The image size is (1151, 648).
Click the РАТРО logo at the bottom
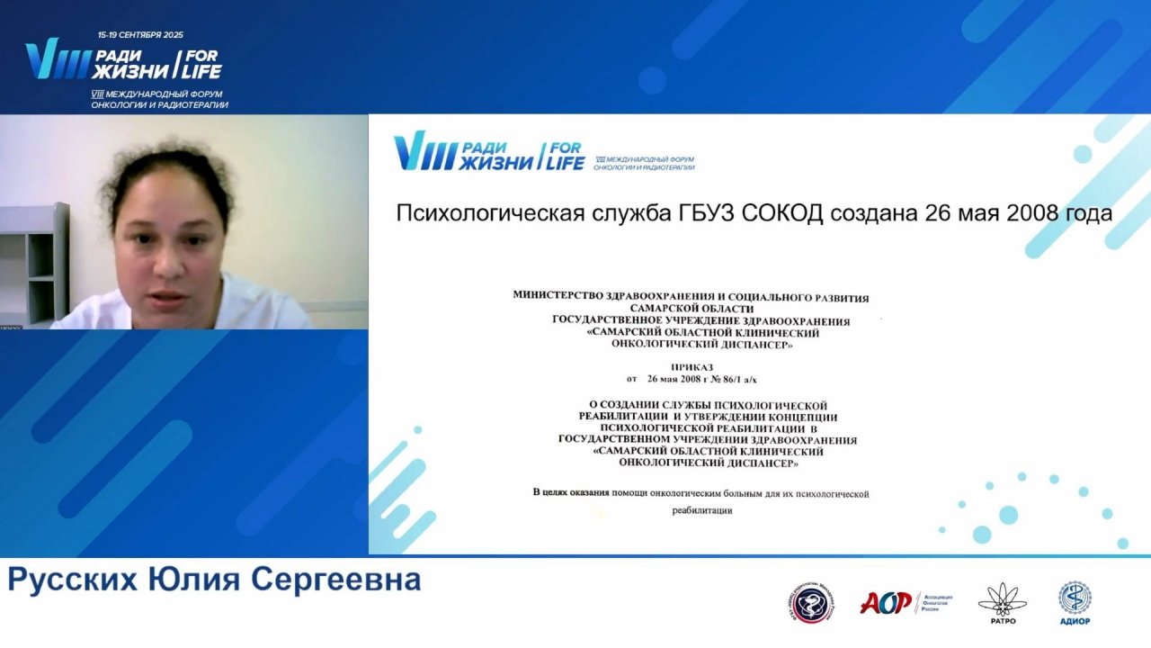pos(996,602)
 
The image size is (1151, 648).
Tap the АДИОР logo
pos(1075,602)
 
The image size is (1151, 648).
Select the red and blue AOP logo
pos(886,602)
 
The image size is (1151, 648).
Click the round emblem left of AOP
pos(810,603)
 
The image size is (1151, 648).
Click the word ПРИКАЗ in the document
pos(691,367)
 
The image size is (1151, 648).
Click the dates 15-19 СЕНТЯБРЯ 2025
pos(140,35)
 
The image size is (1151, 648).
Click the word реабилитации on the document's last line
pos(702,510)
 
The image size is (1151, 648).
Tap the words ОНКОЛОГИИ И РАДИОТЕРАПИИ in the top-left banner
pos(159,104)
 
